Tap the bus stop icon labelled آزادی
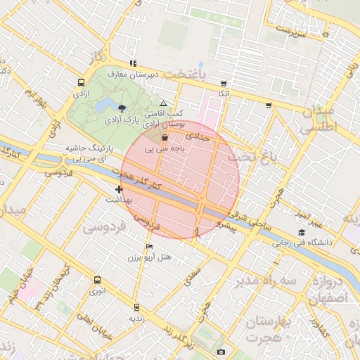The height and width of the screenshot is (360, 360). pos(82,83)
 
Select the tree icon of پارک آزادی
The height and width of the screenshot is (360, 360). pos(123,108)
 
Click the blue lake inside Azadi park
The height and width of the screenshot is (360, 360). pos(107,105)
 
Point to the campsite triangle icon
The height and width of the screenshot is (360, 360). pos(163,103)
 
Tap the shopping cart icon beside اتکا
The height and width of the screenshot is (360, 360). pos(224,83)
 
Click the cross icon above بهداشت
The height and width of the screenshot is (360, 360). pos(119,189)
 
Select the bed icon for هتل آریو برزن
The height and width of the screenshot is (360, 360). pos(148,247)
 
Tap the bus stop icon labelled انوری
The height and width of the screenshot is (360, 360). pos(97,280)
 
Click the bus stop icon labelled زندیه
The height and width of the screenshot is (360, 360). pos(136,307)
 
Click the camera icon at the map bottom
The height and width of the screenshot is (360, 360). pos(221,352)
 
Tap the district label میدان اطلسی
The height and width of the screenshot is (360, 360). pos(318,120)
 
